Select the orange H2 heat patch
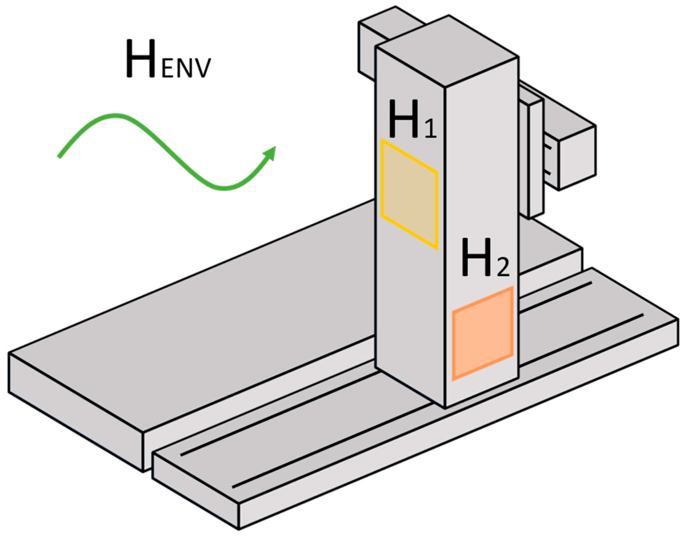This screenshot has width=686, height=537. coord(483,333)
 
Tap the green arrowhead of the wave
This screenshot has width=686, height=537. coord(270,153)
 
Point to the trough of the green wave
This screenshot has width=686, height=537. coord(224,188)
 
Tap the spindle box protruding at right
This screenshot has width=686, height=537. coord(577,158)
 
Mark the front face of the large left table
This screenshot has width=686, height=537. coord(75,411)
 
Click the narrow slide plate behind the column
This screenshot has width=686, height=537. coord(536,161)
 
